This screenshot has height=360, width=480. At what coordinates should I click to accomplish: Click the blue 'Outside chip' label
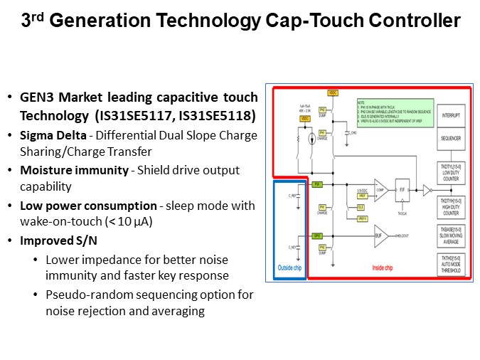pyautogui.click(x=289, y=268)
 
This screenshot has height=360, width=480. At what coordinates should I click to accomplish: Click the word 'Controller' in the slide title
pyautogui.click(x=413, y=21)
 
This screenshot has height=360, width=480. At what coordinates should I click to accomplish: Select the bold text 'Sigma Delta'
pyautogui.click(x=47, y=135)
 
